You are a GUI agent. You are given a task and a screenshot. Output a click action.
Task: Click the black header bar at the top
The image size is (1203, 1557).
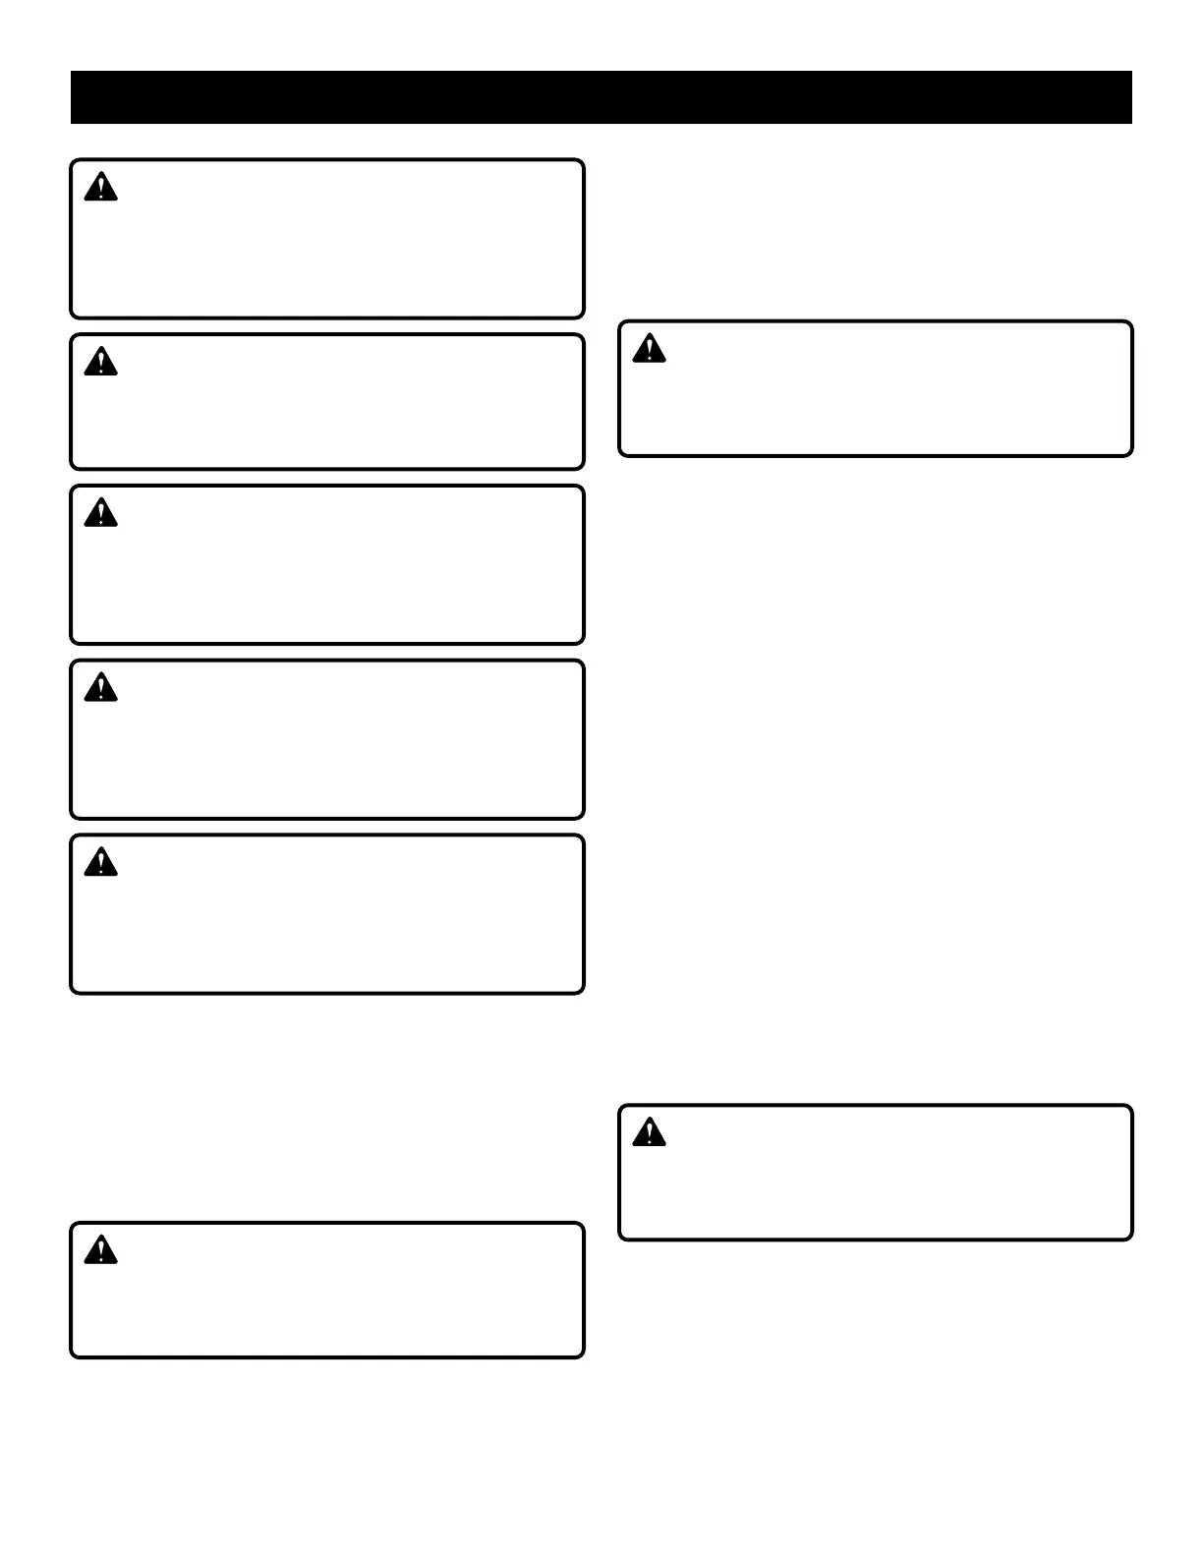tap(601, 97)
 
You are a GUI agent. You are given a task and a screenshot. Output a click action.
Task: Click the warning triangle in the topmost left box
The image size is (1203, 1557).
tap(100, 188)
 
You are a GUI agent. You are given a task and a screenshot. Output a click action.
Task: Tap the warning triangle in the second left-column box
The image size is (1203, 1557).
tap(100, 363)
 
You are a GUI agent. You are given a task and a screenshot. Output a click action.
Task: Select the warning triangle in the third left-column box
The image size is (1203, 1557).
tap(100, 513)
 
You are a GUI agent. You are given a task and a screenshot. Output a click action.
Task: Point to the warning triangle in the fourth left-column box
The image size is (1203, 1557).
tap(100, 688)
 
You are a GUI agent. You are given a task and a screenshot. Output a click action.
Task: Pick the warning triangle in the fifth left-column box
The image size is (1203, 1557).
tap(100, 863)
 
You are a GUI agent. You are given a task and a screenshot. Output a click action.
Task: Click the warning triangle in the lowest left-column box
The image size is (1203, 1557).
tap(100, 1251)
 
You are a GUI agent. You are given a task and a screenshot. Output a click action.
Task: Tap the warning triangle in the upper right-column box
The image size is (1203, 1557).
tap(649, 349)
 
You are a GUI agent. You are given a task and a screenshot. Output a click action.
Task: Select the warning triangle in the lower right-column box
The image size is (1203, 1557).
tap(649, 1133)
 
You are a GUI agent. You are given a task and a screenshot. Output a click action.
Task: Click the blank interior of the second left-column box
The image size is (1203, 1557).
tap(327, 413)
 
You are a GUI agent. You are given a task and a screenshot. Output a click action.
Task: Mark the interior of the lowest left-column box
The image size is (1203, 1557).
tap(327, 1302)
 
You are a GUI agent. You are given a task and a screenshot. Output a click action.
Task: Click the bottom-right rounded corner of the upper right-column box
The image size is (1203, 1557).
tap(1128, 452)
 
